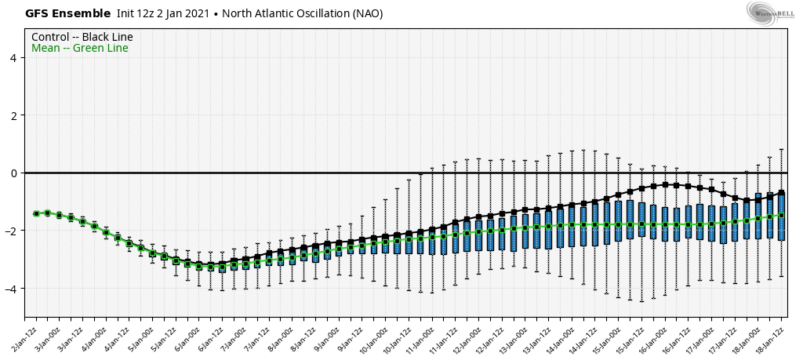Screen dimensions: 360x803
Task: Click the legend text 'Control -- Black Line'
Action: tap(82, 37)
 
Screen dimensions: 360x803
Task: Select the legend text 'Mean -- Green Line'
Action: tap(80, 49)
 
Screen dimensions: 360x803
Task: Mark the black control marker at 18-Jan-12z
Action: tap(781, 193)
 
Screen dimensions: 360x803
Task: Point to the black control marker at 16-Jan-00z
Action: tap(665, 185)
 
